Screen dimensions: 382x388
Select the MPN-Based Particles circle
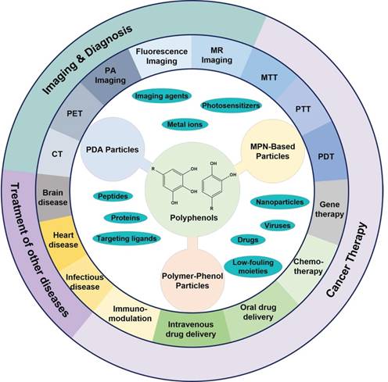[x=270, y=145]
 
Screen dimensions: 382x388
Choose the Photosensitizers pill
[x=230, y=105]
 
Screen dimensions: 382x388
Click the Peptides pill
[x=111, y=195]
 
